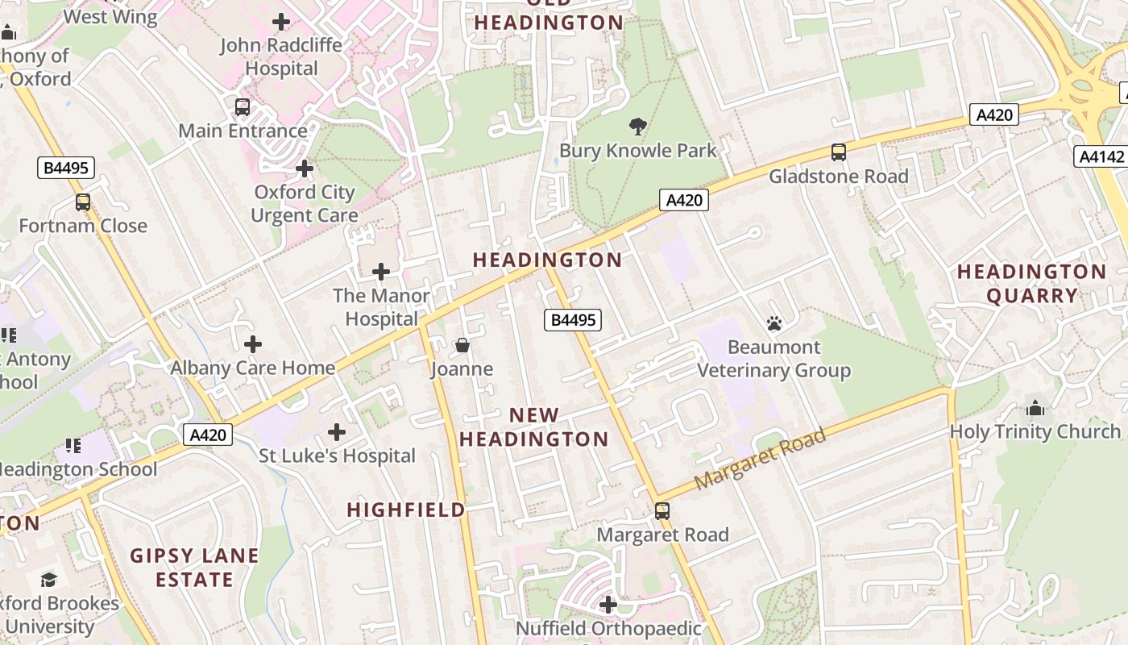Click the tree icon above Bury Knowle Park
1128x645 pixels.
tap(637, 127)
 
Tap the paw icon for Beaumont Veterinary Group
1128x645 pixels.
tap(774, 324)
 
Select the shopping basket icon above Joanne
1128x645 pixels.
tap(462, 346)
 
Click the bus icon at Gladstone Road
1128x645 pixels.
tap(838, 152)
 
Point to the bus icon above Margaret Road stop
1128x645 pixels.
tap(661, 511)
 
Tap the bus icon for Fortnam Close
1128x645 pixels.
tap(83, 202)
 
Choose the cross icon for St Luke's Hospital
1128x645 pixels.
tap(337, 433)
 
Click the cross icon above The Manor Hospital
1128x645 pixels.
tap(381, 273)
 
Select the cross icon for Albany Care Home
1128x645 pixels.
tap(253, 345)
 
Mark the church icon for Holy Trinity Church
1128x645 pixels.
tap(1035, 408)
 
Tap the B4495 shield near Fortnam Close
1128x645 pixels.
tap(66, 168)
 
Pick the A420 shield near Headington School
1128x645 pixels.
tap(208, 435)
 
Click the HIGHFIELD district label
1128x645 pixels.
tap(406, 510)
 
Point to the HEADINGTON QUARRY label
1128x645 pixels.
tap(1031, 284)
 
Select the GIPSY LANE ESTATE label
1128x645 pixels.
tap(195, 568)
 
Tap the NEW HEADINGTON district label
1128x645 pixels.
tap(533, 427)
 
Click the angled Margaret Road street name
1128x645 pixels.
tap(760, 460)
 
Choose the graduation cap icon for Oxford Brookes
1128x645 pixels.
tap(49, 580)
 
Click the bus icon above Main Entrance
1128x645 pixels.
tap(242, 107)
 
